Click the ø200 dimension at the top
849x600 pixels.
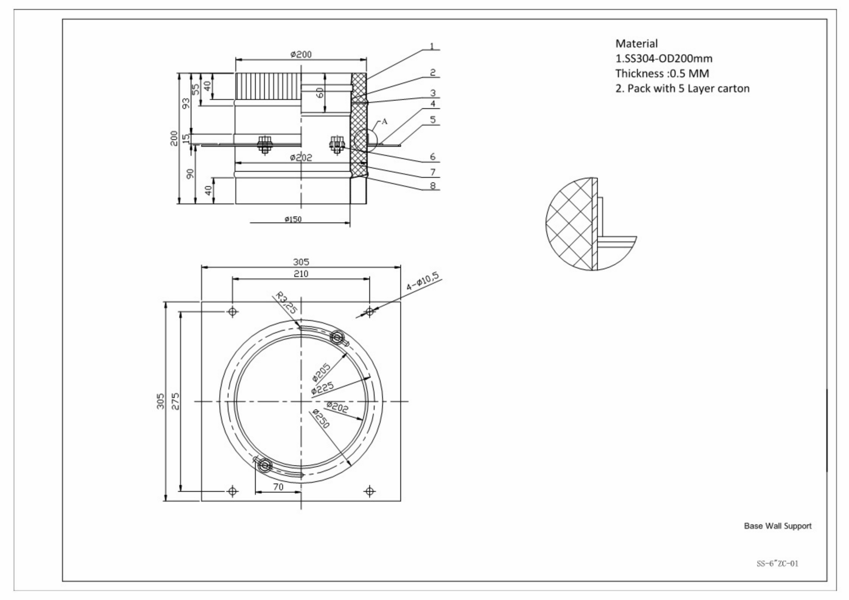301,54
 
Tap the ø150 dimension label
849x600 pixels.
293,219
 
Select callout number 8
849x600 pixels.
432,185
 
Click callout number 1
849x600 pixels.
432,46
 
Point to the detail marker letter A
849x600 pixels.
384,121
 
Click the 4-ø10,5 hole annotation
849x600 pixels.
423,281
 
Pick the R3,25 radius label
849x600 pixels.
286,302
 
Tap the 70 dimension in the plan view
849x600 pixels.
278,487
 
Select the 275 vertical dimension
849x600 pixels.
175,401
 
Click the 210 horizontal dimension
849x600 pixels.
301,274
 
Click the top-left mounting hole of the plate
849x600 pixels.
233,311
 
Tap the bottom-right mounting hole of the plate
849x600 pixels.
370,491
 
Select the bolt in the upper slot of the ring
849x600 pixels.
337,337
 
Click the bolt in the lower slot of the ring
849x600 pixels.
264,465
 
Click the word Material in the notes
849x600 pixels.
636,44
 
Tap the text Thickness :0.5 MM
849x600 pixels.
662,73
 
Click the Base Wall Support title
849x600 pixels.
777,526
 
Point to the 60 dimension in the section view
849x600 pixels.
320,93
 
